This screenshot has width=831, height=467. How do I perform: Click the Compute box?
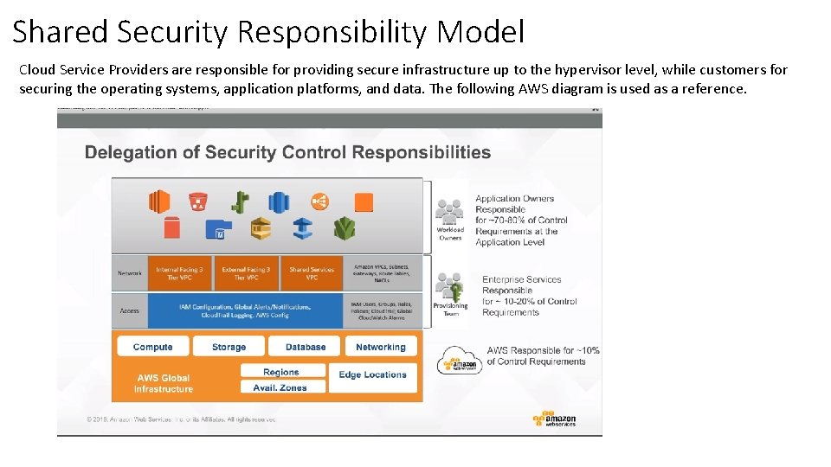153,347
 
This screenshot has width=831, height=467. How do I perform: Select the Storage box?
229,347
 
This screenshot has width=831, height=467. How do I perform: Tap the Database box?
306,347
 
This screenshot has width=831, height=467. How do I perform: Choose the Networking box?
380,347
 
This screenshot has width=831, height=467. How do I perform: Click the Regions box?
281,372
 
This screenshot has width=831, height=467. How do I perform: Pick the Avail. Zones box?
281,387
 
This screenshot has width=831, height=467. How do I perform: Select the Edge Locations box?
373,375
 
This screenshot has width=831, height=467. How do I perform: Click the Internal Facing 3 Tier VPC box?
180,273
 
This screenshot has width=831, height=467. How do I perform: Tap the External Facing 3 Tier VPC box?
246,273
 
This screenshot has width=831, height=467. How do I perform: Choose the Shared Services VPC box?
312,273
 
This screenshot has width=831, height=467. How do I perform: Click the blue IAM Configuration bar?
246,310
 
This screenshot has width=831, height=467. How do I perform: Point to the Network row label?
130,273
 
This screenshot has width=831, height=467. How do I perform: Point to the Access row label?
130,310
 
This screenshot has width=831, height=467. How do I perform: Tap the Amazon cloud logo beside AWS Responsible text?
459,360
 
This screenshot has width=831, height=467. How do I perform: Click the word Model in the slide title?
480,32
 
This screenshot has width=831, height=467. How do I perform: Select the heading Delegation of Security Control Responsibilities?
287,153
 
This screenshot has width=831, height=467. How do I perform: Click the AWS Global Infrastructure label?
164,383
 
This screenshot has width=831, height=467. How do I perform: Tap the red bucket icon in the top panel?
198,202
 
